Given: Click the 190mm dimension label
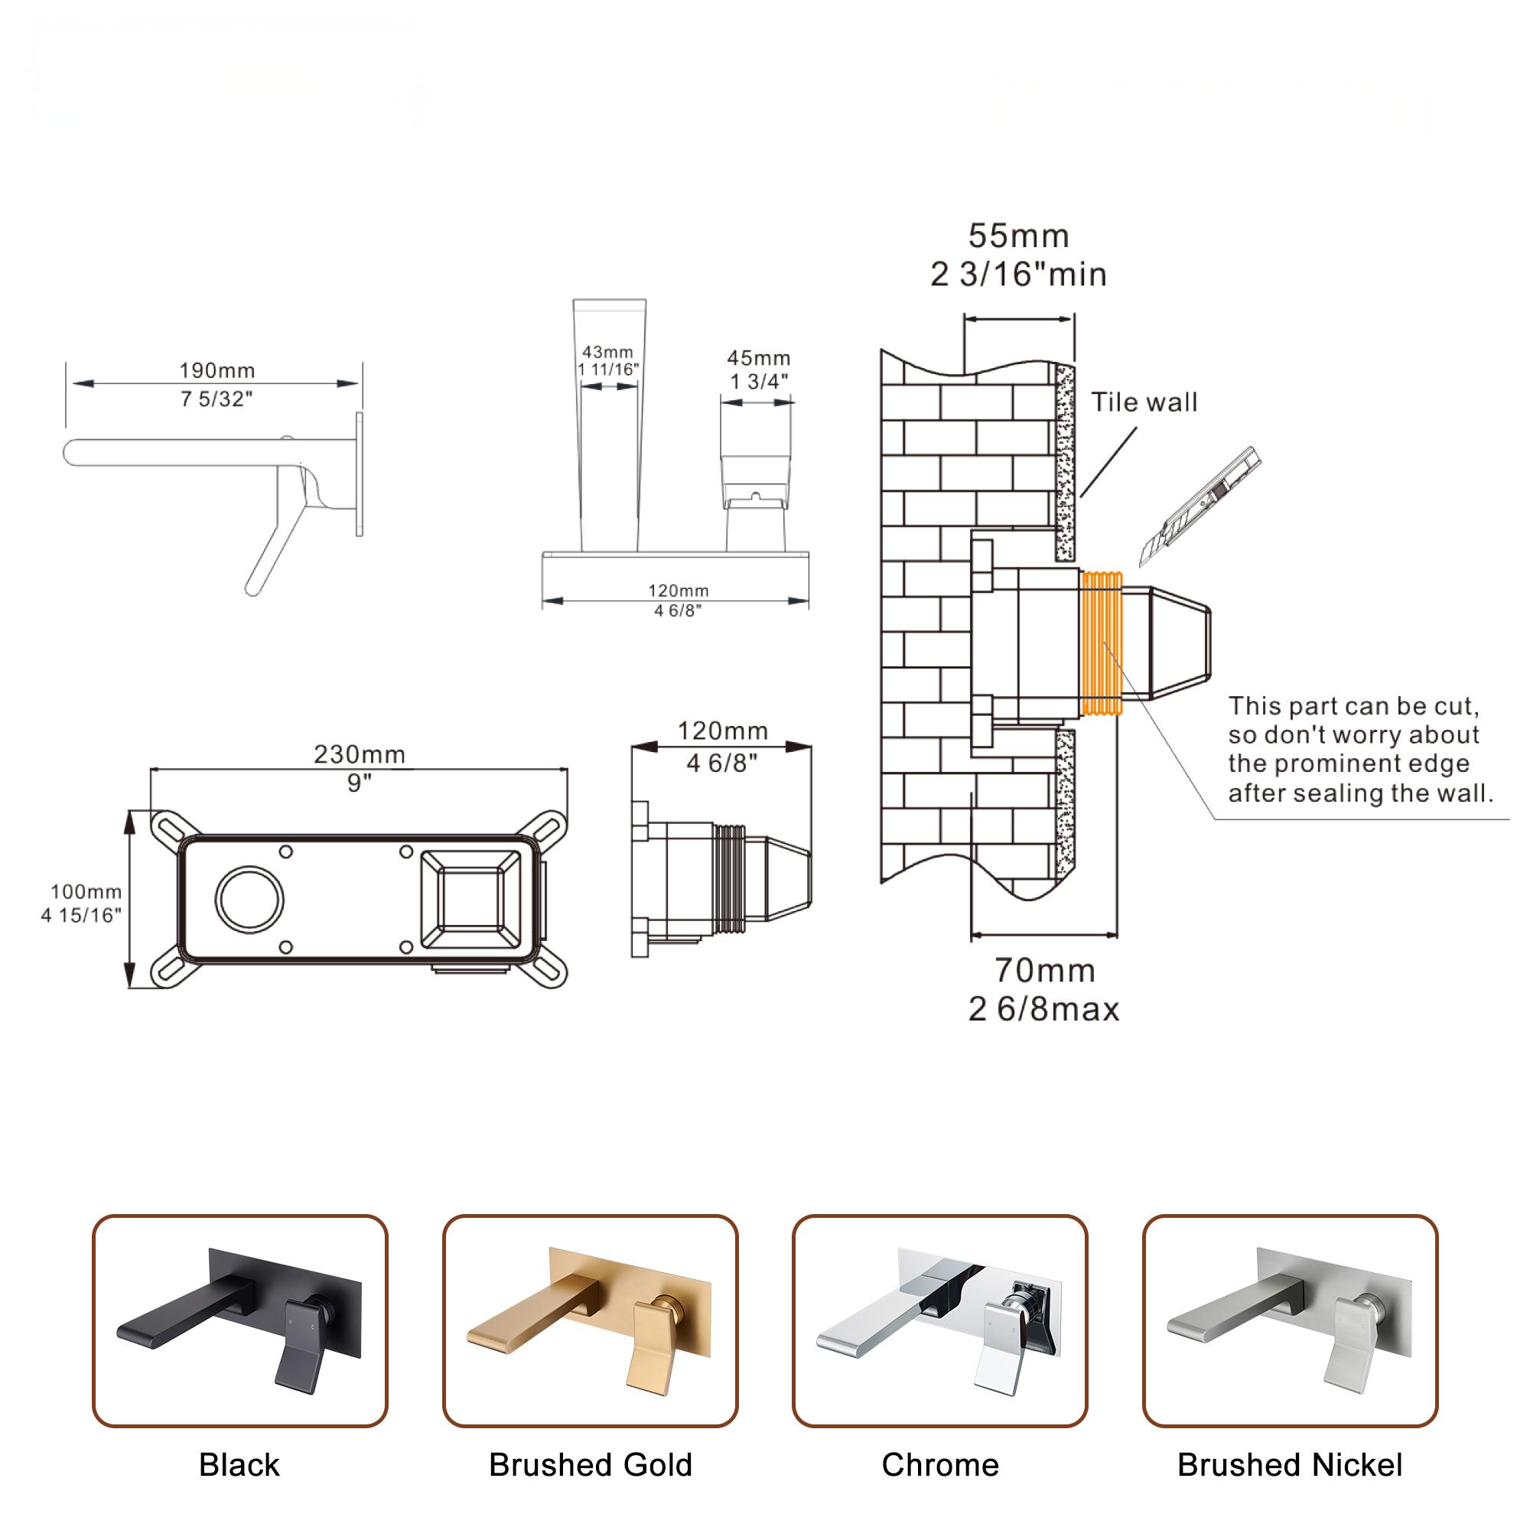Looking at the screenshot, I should click(216, 369).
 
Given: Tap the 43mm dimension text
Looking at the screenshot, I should click(607, 352).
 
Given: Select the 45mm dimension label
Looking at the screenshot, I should click(758, 358).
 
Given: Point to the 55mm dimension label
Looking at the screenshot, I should click(1018, 236).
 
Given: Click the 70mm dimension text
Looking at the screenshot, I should click(1044, 970).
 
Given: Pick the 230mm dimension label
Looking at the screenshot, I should click(360, 754).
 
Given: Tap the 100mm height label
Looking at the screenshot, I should click(86, 892).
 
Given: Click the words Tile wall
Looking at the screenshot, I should click(1144, 402).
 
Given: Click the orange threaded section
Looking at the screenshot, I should click(1102, 643).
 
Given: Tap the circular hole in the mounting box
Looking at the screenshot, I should click(249, 900).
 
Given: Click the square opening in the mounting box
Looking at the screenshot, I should click(471, 900).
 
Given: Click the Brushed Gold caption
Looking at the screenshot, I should click(590, 1465).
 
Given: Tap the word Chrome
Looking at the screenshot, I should click(940, 1465).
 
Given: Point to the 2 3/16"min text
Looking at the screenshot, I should click(1018, 275).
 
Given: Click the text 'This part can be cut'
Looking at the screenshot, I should click(1353, 705).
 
